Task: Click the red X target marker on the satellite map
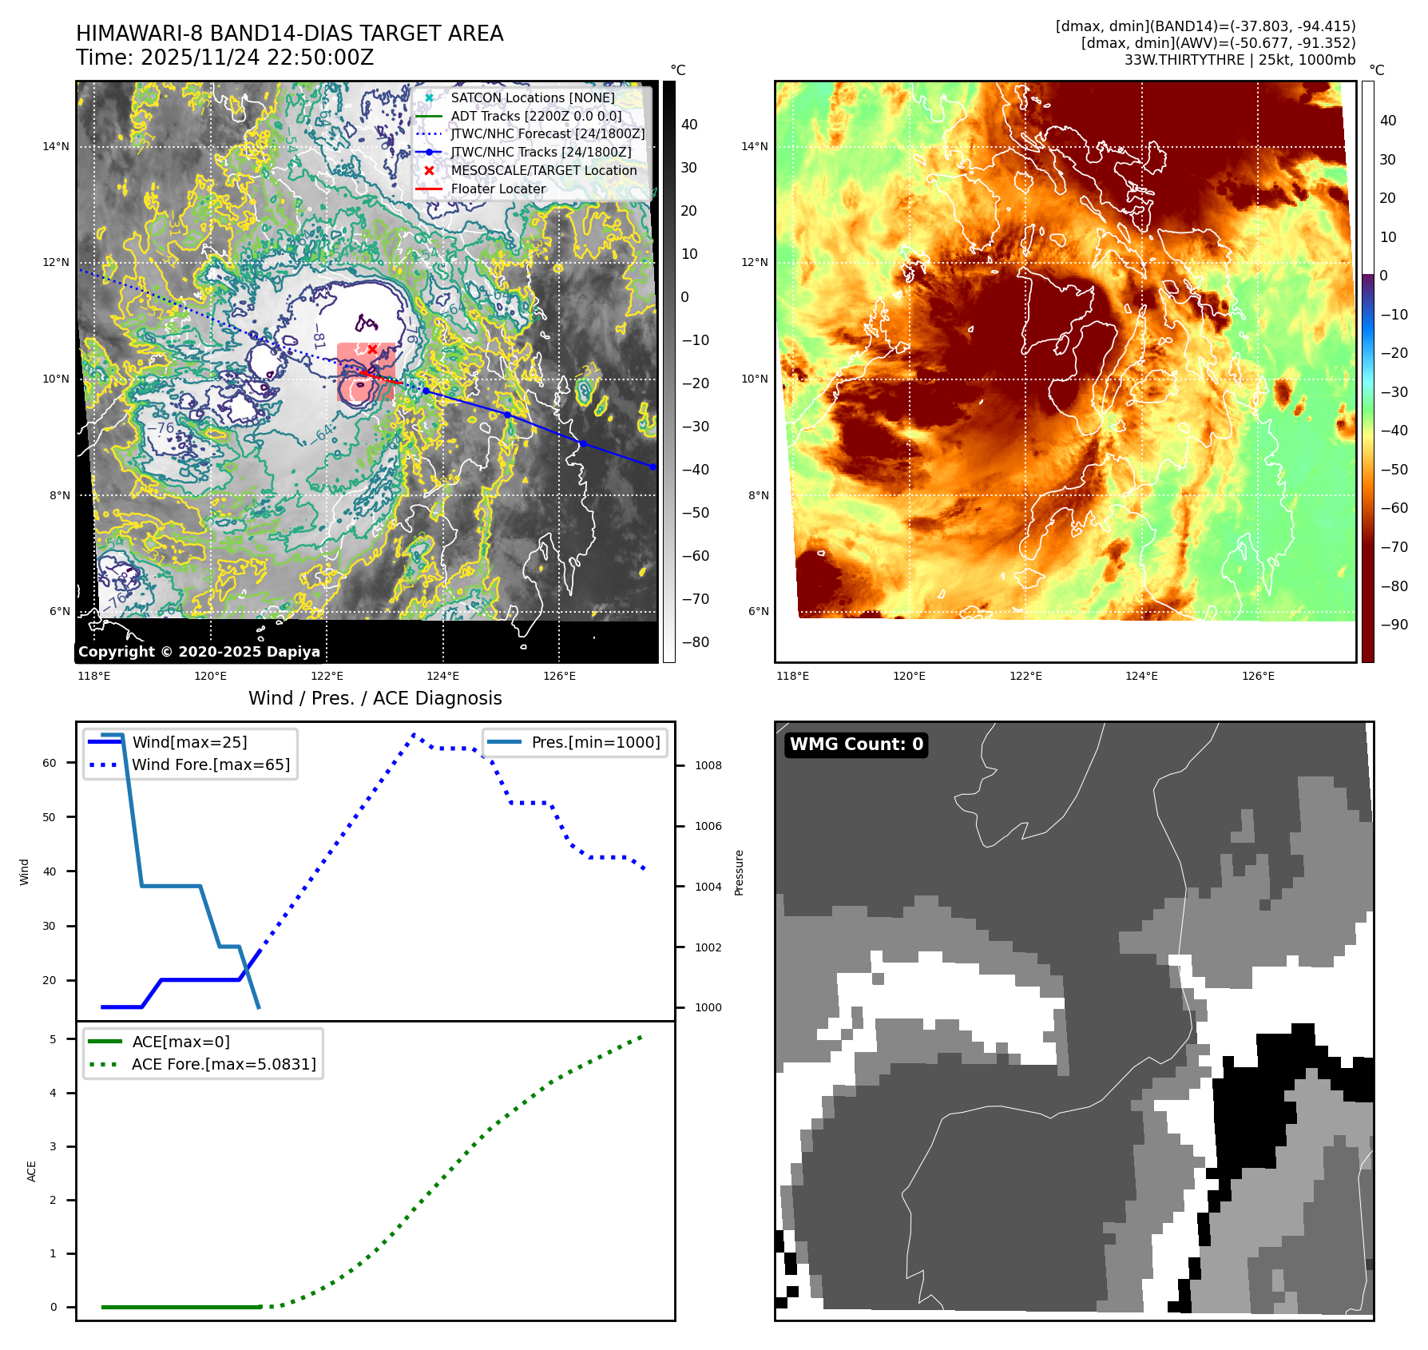[x=372, y=349]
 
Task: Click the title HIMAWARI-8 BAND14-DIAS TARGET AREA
[x=289, y=34]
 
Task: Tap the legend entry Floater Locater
[x=498, y=189]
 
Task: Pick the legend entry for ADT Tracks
[x=536, y=116]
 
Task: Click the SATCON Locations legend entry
[x=532, y=97]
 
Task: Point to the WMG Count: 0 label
[x=856, y=744]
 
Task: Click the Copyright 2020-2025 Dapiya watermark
[x=199, y=652]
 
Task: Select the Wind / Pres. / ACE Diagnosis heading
[x=375, y=698]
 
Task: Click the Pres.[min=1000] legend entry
[x=595, y=742]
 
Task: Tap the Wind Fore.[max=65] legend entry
[x=211, y=764]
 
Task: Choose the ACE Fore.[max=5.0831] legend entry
[x=224, y=1064]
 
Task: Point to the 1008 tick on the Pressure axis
[x=708, y=765]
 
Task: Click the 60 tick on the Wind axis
[x=50, y=763]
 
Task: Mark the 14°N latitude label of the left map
[x=56, y=146]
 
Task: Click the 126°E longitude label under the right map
[x=1258, y=676]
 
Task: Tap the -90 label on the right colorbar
[x=1394, y=625]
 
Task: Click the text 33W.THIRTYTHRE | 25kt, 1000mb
[x=1240, y=60]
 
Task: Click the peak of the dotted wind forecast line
[x=414, y=734]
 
